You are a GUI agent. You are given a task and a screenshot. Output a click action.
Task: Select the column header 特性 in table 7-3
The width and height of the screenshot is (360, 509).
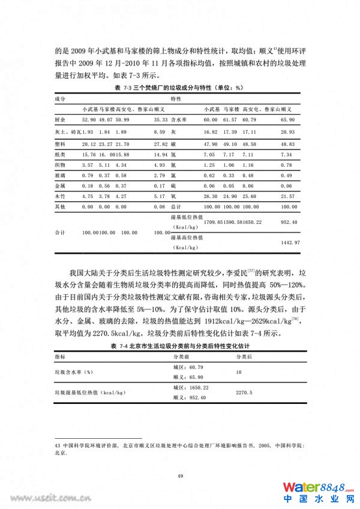pyautogui.click(x=176, y=98)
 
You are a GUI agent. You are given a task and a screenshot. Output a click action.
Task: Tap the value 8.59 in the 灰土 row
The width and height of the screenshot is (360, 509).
pyautogui.click(x=160, y=131)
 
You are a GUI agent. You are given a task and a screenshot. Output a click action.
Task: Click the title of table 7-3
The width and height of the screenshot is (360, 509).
pyautogui.click(x=179, y=88)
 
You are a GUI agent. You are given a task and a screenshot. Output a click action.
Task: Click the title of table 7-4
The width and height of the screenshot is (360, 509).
pyautogui.click(x=179, y=347)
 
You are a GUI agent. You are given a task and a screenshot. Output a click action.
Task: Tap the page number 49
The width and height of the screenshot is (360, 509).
pyautogui.click(x=179, y=475)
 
